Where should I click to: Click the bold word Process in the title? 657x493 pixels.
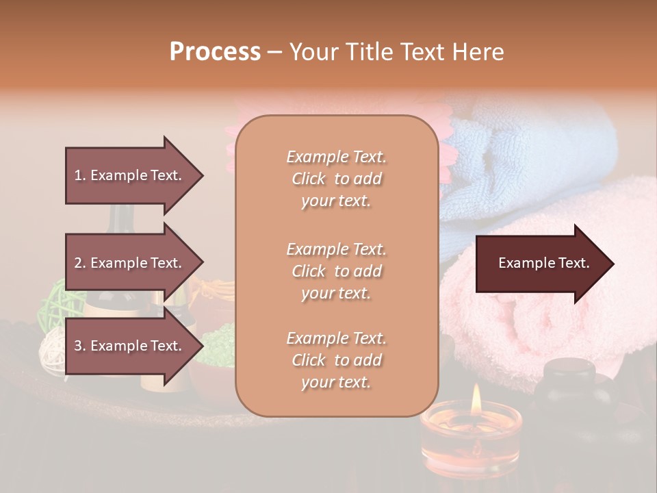tap(215, 52)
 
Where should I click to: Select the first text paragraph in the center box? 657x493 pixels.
tap(336, 179)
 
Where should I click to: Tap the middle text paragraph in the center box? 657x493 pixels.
tap(336, 271)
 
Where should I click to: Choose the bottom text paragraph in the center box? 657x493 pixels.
tap(336, 360)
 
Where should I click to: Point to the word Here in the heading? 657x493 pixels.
tap(478, 52)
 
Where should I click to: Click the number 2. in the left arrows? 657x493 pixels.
tap(80, 263)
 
